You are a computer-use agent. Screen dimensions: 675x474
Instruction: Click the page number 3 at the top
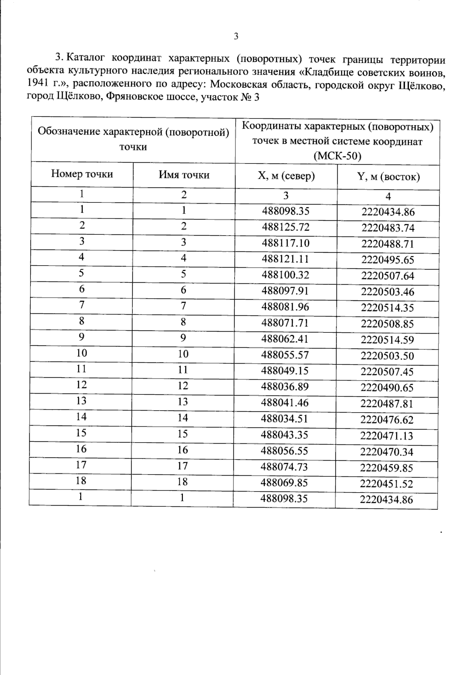[236, 36]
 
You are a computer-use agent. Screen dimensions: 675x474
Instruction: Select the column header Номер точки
[82, 174]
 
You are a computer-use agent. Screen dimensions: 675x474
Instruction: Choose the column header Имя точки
[184, 175]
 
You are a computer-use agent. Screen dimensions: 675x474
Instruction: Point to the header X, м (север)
[286, 176]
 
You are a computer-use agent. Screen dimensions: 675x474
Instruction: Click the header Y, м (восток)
[388, 177]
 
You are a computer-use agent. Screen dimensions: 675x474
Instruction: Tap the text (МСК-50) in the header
[337, 156]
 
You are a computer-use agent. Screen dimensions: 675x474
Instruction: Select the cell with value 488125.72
[286, 227]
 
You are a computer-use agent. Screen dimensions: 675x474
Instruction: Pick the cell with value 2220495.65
[387, 260]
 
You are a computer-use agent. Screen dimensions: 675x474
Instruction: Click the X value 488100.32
[285, 275]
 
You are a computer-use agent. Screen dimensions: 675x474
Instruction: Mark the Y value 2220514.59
[387, 340]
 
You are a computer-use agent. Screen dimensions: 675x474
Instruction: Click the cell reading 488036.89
[285, 386]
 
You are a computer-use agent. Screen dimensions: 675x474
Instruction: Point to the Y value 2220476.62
[387, 420]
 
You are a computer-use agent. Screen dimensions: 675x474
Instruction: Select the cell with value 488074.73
[284, 467]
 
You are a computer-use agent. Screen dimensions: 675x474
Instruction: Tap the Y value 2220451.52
[386, 484]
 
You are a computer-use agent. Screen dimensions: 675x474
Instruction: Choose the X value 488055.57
[285, 355]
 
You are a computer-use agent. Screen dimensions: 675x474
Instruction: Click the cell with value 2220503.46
[387, 292]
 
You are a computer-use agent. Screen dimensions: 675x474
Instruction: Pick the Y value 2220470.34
[386, 452]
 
